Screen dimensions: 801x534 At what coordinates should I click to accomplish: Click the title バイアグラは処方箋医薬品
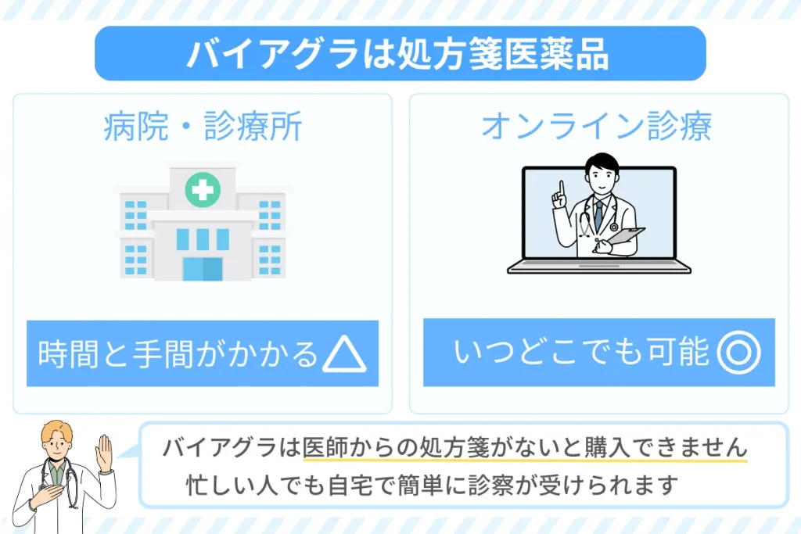(x=398, y=54)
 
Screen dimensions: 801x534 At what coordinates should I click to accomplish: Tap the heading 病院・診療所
(x=203, y=126)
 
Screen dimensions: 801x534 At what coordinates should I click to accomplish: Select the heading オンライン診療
(x=597, y=126)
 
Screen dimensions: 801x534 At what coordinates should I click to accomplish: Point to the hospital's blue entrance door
(x=203, y=269)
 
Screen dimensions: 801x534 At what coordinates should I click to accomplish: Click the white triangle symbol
(x=344, y=353)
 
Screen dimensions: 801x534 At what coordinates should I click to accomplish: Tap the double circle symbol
(x=738, y=353)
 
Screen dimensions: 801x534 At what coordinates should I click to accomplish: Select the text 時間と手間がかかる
(x=178, y=354)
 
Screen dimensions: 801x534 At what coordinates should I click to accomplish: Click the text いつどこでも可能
(x=581, y=352)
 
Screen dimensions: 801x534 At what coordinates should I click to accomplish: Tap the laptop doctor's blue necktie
(x=598, y=214)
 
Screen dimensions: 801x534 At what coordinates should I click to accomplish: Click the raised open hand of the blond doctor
(x=104, y=453)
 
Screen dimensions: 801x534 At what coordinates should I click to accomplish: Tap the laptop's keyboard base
(x=598, y=267)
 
